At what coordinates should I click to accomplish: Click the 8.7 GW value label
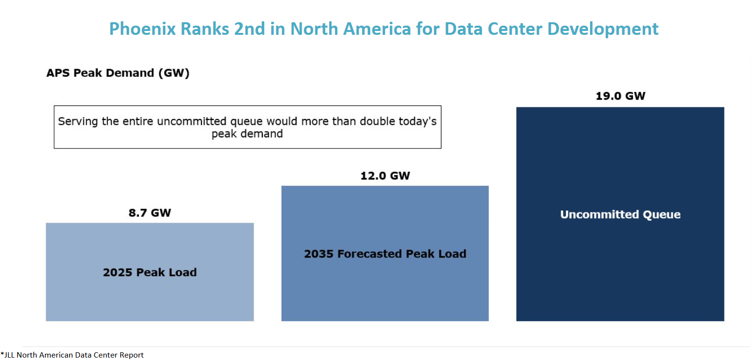click(x=150, y=213)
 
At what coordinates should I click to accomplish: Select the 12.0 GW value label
click(x=385, y=176)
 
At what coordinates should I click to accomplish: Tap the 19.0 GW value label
click(x=620, y=96)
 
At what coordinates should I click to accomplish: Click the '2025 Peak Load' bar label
click(x=150, y=272)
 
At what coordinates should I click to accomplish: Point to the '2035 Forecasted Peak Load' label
click(x=385, y=254)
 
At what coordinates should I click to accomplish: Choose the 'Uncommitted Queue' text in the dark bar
click(x=620, y=214)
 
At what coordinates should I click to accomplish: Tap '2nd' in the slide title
click(x=250, y=29)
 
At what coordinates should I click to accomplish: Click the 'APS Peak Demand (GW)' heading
click(x=118, y=74)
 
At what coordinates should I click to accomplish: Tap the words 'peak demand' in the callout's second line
click(x=247, y=134)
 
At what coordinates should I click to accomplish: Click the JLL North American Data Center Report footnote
click(x=73, y=355)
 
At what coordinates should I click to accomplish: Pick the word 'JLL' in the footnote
click(x=9, y=355)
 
